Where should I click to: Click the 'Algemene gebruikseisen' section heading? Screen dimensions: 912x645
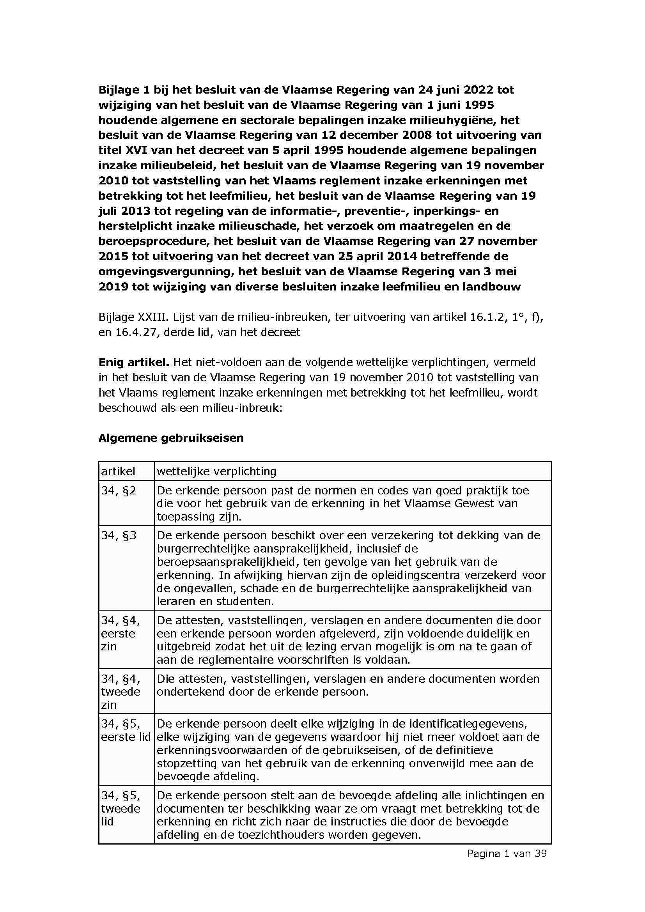pyautogui.click(x=171, y=438)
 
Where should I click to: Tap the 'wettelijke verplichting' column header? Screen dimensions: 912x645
pyautogui.click(x=216, y=471)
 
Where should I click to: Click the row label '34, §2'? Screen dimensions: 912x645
pyautogui.click(x=119, y=491)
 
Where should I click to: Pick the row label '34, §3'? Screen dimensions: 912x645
pyautogui.click(x=119, y=535)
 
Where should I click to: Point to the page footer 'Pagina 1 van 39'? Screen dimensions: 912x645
pyautogui.click(x=507, y=853)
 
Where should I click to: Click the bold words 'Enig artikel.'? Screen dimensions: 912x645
pyautogui.click(x=134, y=362)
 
